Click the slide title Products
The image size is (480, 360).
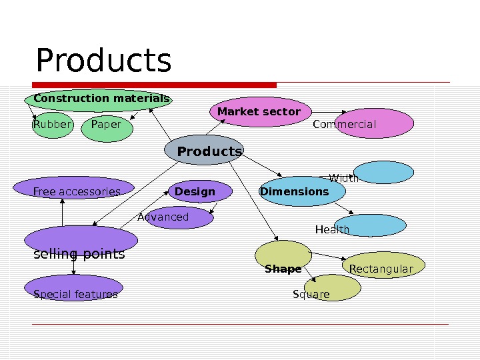point(103,61)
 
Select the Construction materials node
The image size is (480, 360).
point(100,99)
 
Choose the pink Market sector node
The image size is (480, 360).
point(259,111)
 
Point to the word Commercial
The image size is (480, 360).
point(344,124)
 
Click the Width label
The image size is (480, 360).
point(344,178)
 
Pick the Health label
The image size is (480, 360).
point(332,229)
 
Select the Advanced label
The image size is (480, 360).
point(163,217)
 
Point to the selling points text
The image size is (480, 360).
point(79,254)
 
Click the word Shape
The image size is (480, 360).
point(283,269)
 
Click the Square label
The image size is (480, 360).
point(311,294)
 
